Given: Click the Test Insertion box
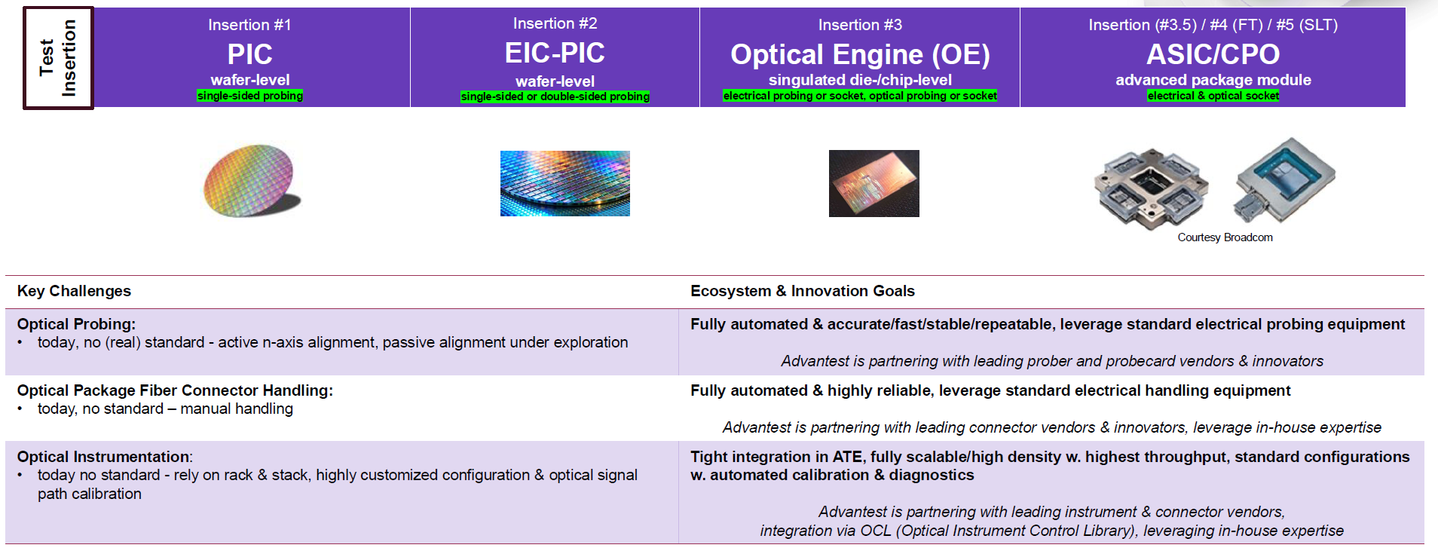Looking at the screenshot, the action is click(x=58, y=58).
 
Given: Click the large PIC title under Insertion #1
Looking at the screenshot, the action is click(x=250, y=54).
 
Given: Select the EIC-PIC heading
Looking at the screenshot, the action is click(x=555, y=53).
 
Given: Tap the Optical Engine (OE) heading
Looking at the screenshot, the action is click(x=860, y=54).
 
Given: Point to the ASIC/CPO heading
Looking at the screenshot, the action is click(x=1213, y=54).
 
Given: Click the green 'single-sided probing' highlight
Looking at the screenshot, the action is click(x=250, y=96).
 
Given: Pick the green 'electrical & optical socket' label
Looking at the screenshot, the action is click(x=1213, y=96).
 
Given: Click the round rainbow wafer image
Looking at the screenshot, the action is click(x=251, y=181).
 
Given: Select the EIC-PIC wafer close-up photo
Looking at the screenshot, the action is click(x=565, y=183).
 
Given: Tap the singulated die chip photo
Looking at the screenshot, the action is click(x=874, y=183).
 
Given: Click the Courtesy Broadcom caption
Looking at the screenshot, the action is click(x=1225, y=237).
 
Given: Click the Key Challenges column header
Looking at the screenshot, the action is click(x=74, y=291).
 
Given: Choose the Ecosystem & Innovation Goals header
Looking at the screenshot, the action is click(x=803, y=291).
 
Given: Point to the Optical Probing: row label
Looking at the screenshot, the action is click(x=76, y=324).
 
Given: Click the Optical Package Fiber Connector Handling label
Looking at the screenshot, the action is click(x=175, y=390).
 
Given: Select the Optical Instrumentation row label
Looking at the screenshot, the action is click(x=105, y=457).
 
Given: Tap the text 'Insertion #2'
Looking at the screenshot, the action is click(x=555, y=23).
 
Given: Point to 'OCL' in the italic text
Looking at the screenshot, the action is click(x=876, y=531).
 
